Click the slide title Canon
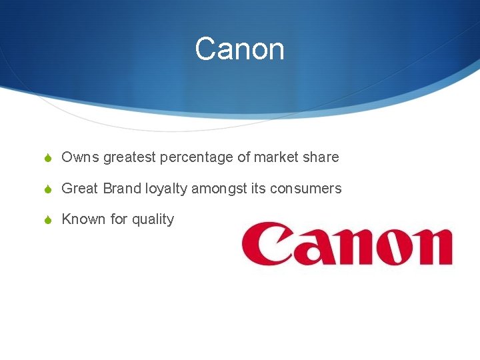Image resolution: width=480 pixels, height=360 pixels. pyautogui.click(x=239, y=49)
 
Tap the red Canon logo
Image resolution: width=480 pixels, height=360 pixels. pyautogui.click(x=347, y=245)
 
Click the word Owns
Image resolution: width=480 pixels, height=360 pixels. pyautogui.click(x=80, y=158)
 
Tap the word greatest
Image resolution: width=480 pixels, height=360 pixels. pyautogui.click(x=129, y=158)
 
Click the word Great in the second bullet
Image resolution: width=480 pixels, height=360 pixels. pyautogui.click(x=79, y=189)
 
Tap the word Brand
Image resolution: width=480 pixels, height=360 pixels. pyautogui.click(x=122, y=189)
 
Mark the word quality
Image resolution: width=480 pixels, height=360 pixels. pyautogui.click(x=153, y=219)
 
